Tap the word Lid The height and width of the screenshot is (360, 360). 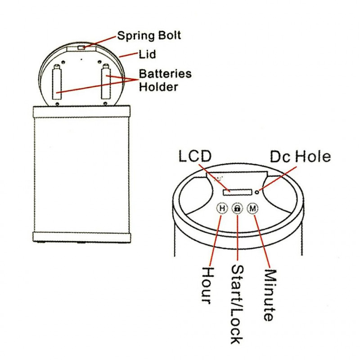point(147,54)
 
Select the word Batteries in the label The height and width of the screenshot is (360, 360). point(165,73)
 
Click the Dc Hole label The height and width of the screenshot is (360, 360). point(300,157)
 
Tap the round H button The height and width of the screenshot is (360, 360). point(222,208)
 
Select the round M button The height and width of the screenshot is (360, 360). point(253,208)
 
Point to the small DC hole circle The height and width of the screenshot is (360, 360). point(257,192)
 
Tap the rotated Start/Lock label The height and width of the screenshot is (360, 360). point(237,304)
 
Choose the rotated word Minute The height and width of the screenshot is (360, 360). point(269,295)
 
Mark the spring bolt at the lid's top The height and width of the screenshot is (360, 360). point(81,47)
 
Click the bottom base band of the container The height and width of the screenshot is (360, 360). point(81,237)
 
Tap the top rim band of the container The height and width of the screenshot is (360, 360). point(81,111)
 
